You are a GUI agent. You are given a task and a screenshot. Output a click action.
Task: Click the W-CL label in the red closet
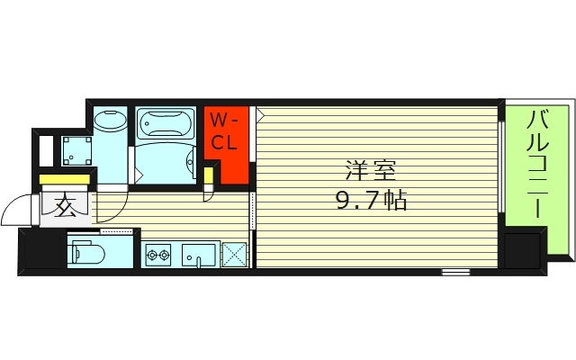click(x=224, y=131)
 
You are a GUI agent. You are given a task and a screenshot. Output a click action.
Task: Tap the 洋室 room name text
click(x=371, y=171)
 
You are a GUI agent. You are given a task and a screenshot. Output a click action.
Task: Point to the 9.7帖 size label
click(x=372, y=201)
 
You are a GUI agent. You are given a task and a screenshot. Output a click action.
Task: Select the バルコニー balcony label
click(x=537, y=165)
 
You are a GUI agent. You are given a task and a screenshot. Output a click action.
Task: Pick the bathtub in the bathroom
click(x=166, y=123)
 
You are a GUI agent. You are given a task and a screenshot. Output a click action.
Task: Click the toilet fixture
click(x=88, y=253)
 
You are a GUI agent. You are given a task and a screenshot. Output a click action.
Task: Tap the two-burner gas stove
click(x=158, y=254)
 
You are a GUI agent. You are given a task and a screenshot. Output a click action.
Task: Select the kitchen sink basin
click(x=198, y=255)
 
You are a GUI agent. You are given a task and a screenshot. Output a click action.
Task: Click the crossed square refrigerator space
click(x=235, y=254)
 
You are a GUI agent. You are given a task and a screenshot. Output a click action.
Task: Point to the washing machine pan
click(x=76, y=150)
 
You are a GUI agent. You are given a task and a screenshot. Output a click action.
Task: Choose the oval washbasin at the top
click(x=110, y=119)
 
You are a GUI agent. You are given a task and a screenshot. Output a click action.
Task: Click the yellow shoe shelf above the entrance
click(x=65, y=179)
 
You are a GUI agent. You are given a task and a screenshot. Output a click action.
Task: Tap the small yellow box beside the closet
click(x=208, y=175)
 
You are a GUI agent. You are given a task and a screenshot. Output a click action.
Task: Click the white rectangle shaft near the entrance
click(x=46, y=150)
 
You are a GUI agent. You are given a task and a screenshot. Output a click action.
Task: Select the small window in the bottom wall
click(x=455, y=272)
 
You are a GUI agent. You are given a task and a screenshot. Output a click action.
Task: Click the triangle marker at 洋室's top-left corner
click(x=260, y=115)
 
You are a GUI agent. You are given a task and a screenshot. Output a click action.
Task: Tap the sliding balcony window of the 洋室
click(x=500, y=166)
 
